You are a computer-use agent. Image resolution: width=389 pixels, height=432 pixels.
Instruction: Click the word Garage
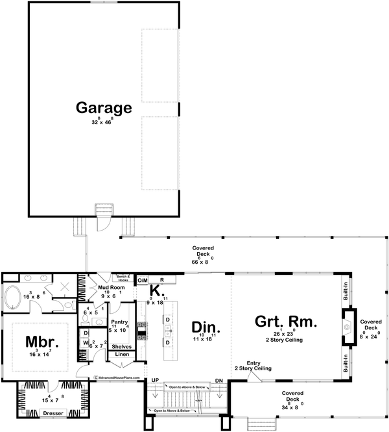(x=104, y=108)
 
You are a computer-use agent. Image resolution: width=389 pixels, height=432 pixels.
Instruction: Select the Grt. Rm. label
(x=285, y=322)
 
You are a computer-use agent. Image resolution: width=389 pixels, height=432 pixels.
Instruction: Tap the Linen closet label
(x=123, y=355)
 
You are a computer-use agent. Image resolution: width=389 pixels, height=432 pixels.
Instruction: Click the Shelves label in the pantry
(x=123, y=347)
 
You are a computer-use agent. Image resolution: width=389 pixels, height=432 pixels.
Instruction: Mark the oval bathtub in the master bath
(x=14, y=299)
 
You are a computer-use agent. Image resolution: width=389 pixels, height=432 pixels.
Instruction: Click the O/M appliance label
(x=143, y=280)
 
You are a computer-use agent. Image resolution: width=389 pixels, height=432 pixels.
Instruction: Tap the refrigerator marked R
(x=162, y=280)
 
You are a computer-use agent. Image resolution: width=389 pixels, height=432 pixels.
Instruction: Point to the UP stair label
(x=154, y=380)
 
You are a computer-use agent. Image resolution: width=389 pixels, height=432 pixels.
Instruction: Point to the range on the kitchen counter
(x=140, y=328)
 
